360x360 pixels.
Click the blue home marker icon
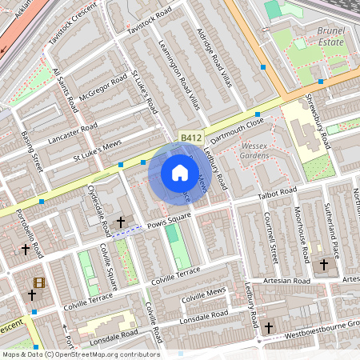[180, 173]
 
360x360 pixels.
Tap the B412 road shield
[190, 138]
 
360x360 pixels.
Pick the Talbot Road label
[277, 193]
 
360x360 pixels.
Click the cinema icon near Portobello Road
[38, 282]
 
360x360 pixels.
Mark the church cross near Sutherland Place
[324, 264]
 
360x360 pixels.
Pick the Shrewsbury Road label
[318, 122]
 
